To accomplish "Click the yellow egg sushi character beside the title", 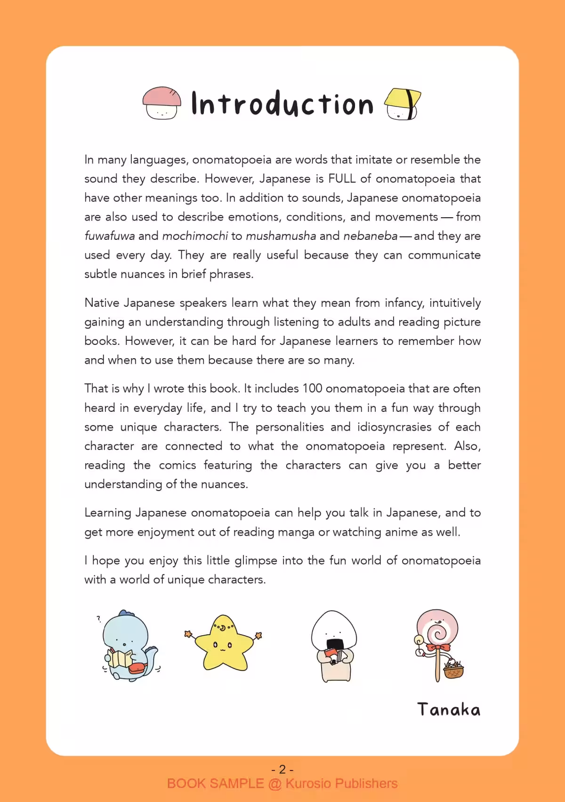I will pyautogui.click(x=403, y=104).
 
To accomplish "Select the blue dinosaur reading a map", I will pyautogui.click(x=128, y=646).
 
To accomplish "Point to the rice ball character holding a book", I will pyautogui.click(x=333, y=646).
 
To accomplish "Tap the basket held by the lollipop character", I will pyautogui.click(x=453, y=669).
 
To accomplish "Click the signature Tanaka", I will pyautogui.click(x=449, y=710).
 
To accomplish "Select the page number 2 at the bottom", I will pyautogui.click(x=282, y=769).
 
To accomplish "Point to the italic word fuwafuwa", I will pyautogui.click(x=110, y=236).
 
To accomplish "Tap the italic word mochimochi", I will pyautogui.click(x=195, y=236).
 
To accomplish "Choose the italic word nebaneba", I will pyautogui.click(x=370, y=236).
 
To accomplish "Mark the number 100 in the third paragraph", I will pyautogui.click(x=312, y=389).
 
